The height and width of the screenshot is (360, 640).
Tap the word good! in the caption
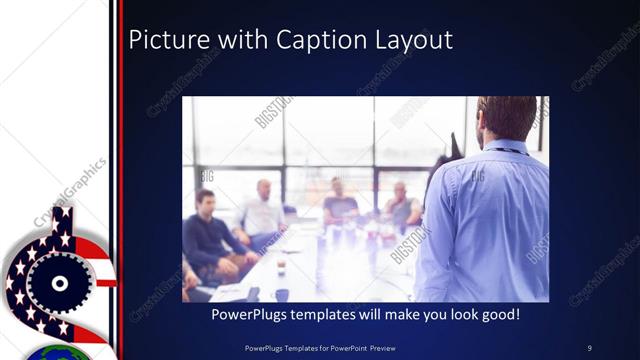pos(496,315)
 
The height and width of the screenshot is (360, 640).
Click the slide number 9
pos(589,347)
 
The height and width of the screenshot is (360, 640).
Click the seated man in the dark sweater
pos(208,235)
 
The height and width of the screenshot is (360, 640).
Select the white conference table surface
pos(320,270)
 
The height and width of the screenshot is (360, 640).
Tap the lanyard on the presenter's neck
pos(510,150)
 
